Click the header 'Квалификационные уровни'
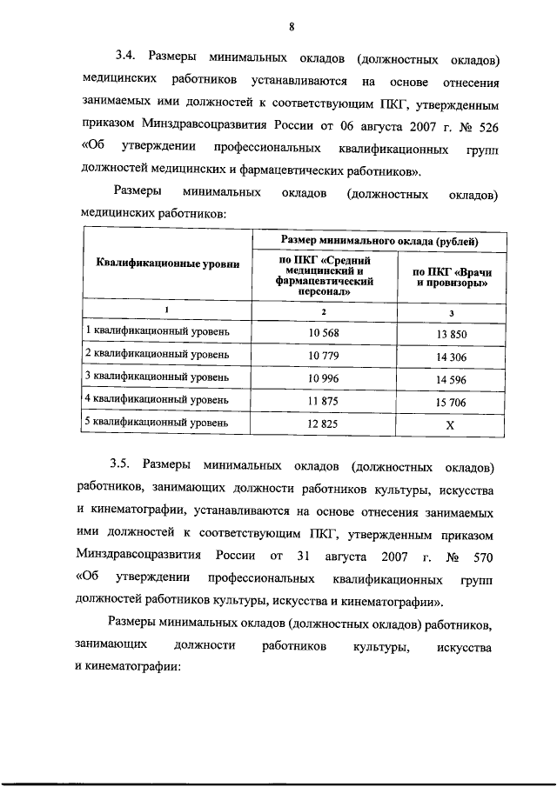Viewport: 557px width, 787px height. [166, 264]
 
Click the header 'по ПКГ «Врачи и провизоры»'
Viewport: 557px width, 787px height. [450, 277]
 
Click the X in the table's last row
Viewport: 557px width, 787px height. [450, 424]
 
